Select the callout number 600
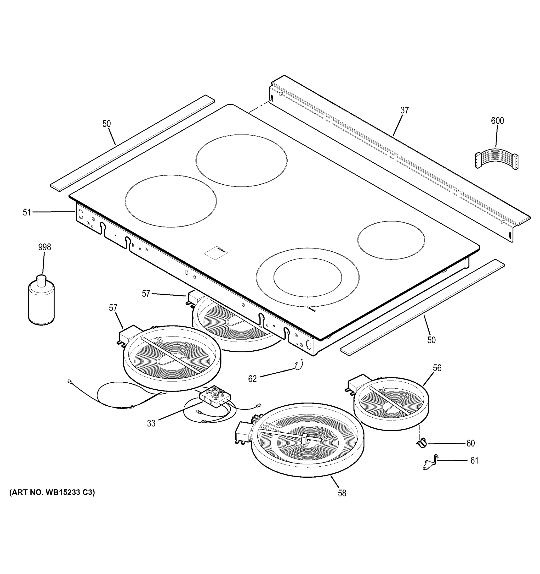(497, 121)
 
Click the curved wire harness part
(497, 162)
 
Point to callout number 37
(404, 110)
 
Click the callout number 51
(27, 213)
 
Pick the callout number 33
(151, 423)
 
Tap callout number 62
(252, 379)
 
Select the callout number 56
(437, 368)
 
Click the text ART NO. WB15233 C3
(52, 492)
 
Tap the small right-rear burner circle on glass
(391, 240)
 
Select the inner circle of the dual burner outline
(307, 277)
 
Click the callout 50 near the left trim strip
(106, 124)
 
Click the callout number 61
(474, 460)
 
